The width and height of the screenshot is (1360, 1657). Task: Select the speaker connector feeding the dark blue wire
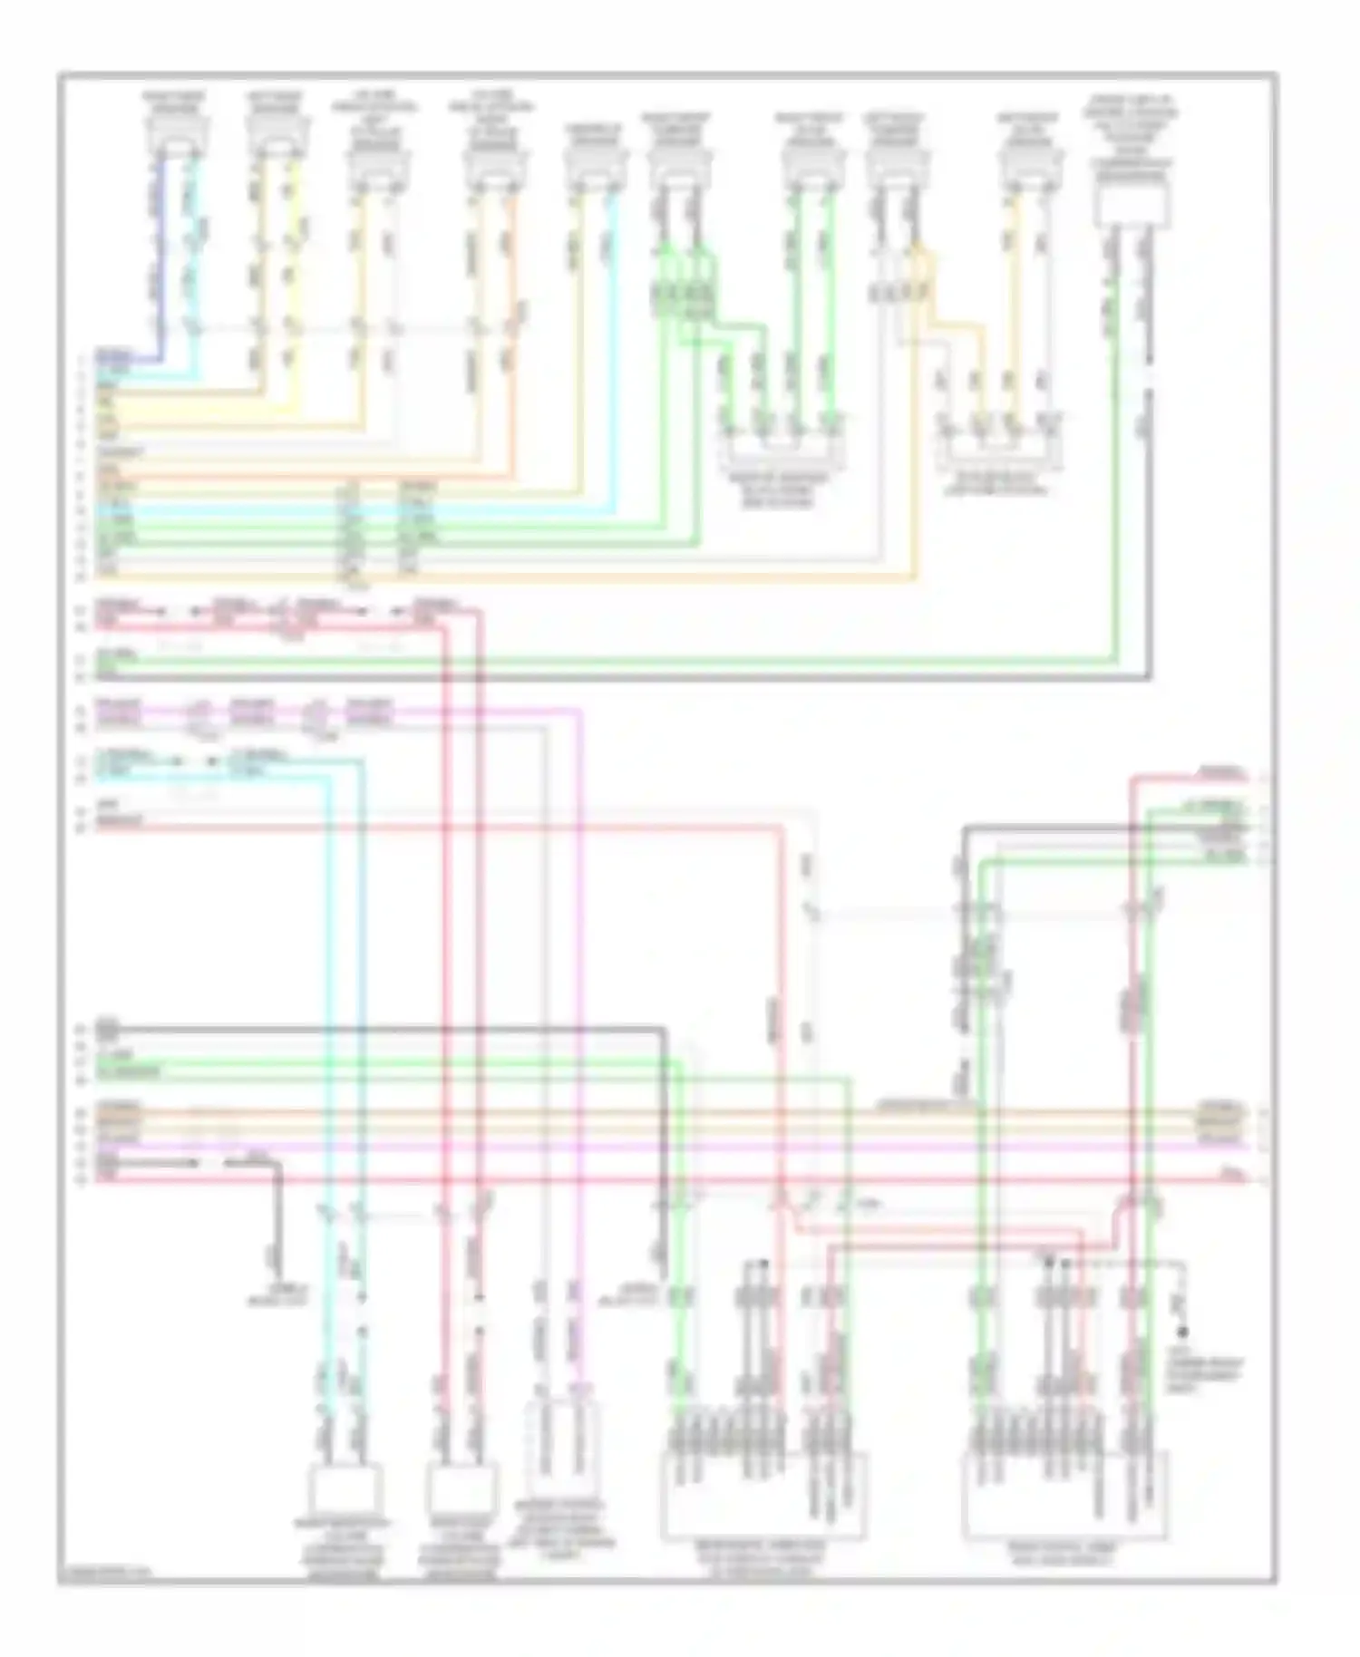178,134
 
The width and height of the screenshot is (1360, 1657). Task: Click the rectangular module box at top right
1132,200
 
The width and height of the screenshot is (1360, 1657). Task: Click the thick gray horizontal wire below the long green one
635,676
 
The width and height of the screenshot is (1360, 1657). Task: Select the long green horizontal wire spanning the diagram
635,662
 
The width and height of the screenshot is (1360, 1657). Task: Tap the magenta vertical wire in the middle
577,997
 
